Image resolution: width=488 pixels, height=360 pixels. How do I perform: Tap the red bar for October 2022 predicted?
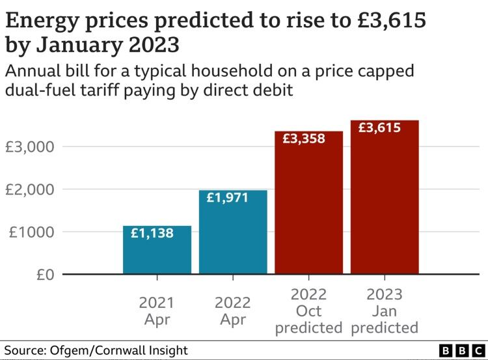point(308,208)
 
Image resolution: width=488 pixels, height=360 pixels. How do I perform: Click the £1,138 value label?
point(152,233)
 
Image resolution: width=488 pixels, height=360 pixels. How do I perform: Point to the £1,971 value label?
point(228,197)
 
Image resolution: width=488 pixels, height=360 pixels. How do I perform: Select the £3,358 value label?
point(303,138)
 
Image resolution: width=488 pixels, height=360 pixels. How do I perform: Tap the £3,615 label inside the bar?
point(380,128)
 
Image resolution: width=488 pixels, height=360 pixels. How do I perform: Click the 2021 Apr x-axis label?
point(157,311)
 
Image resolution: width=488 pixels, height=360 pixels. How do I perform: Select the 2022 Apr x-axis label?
point(233,311)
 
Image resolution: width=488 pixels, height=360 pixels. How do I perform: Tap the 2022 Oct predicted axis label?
point(308,311)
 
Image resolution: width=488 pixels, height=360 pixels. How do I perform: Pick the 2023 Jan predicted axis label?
point(385,311)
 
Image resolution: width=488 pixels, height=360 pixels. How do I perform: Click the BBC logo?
point(455,350)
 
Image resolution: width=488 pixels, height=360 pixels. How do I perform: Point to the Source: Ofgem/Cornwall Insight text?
point(96,350)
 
